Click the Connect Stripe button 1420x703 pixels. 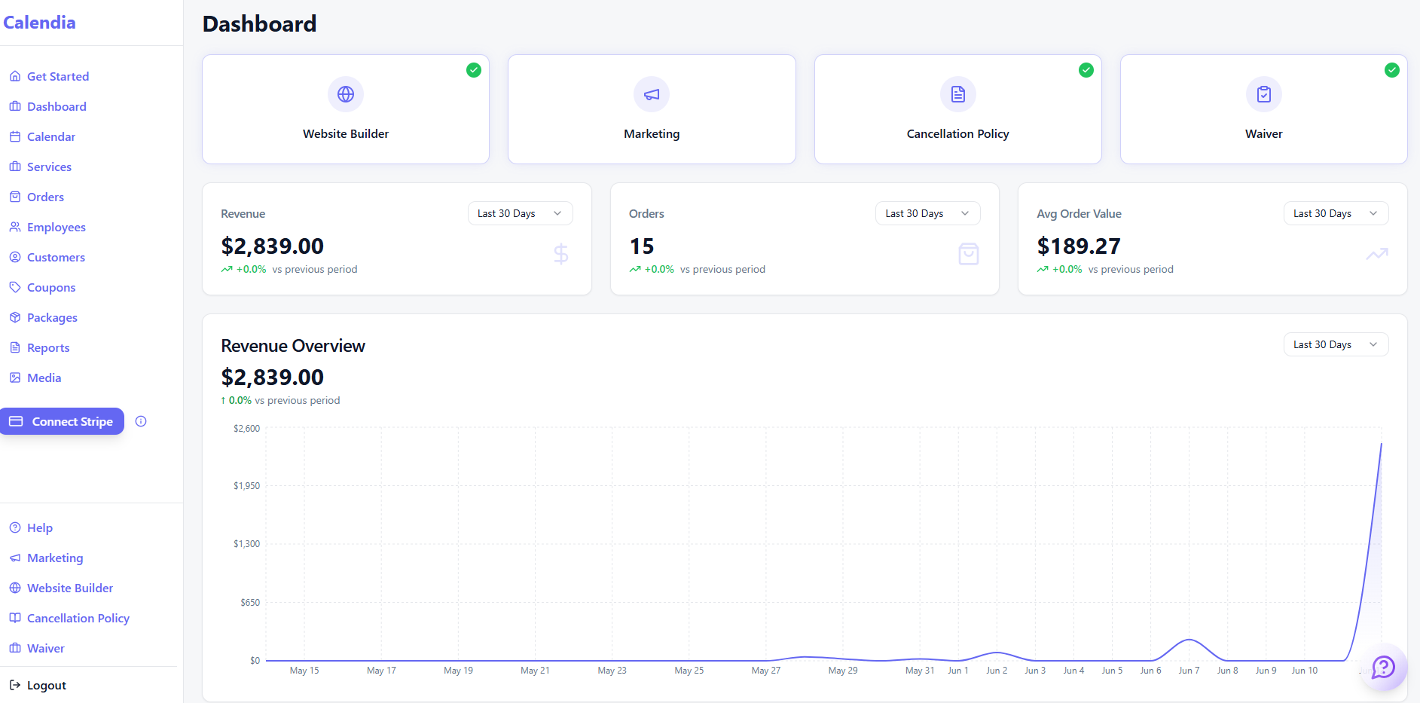coord(62,421)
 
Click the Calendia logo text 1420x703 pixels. coord(39,23)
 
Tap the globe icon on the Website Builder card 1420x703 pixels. coord(346,94)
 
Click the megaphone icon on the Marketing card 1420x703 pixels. coord(652,94)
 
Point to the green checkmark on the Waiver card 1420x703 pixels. coord(1392,70)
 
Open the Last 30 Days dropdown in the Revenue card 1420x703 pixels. coord(521,213)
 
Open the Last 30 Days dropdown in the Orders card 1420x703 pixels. coord(928,213)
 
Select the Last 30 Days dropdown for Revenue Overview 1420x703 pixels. coord(1336,344)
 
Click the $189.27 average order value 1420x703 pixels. coord(1079,246)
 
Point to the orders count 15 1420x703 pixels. coord(642,246)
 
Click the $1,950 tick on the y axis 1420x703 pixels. coord(246,486)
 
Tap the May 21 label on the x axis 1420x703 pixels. coord(535,671)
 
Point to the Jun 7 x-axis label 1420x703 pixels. coord(1189,671)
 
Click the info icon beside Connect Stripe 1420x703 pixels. coord(141,421)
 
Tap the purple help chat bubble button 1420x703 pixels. coord(1384,667)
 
